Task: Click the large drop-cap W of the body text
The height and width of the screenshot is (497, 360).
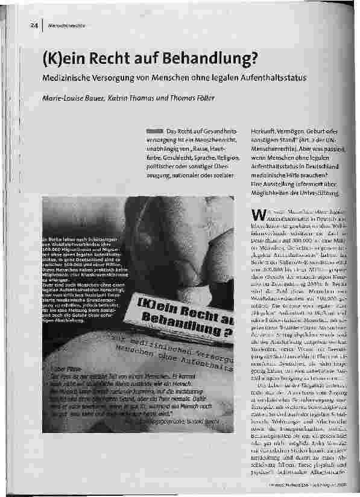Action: [x=256, y=215]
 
